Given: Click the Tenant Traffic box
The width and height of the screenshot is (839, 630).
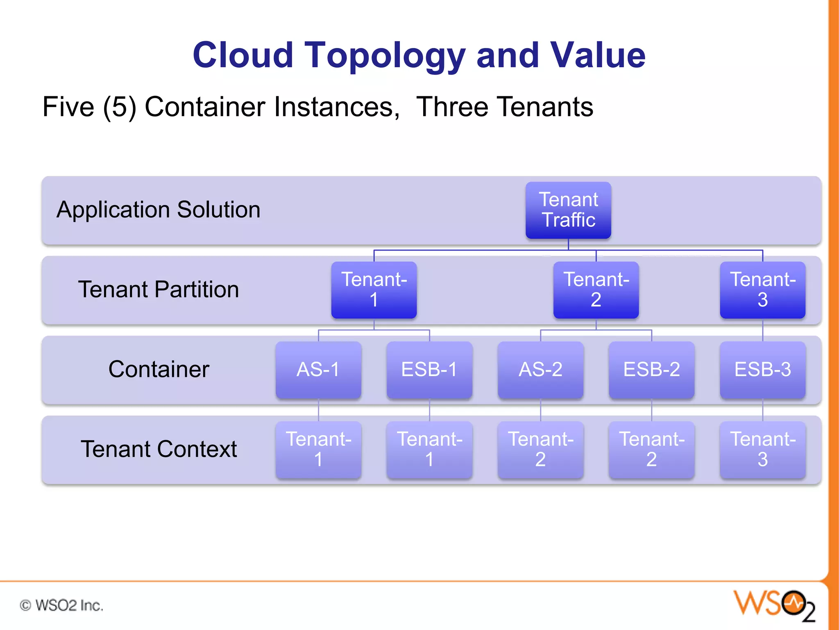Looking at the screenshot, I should click(568, 210).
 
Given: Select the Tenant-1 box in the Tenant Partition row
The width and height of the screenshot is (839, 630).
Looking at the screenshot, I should click(374, 290).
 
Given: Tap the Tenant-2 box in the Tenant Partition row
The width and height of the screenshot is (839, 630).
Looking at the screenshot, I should click(596, 290).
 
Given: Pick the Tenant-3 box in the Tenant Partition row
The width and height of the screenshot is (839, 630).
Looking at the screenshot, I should click(762, 290).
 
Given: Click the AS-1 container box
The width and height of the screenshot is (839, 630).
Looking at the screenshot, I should click(318, 370).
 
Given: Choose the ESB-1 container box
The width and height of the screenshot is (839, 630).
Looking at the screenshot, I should click(429, 370).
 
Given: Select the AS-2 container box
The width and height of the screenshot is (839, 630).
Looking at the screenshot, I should click(540, 370).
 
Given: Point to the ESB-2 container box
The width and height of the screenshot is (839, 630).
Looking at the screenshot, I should click(651, 370).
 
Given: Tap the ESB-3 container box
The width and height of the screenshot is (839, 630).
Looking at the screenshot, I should click(762, 370).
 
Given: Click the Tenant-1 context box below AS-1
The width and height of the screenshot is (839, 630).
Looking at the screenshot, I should click(318, 450).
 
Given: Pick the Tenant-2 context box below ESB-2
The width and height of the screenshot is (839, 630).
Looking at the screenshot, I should click(651, 450).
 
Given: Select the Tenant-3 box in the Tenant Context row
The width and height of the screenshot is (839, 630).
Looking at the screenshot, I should click(762, 450).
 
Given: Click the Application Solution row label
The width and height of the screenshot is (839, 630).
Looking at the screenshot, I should click(159, 210).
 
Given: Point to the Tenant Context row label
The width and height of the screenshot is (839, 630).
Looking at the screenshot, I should click(159, 449).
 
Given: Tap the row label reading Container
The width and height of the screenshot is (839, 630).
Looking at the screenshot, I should click(159, 369).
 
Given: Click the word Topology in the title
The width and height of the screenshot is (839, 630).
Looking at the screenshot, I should click(385, 55).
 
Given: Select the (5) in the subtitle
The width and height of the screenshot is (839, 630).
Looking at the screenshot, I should click(119, 107).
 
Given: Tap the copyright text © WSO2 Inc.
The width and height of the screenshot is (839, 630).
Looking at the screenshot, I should click(61, 605).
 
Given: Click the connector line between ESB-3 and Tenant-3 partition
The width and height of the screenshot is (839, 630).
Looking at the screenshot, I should click(762, 330).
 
